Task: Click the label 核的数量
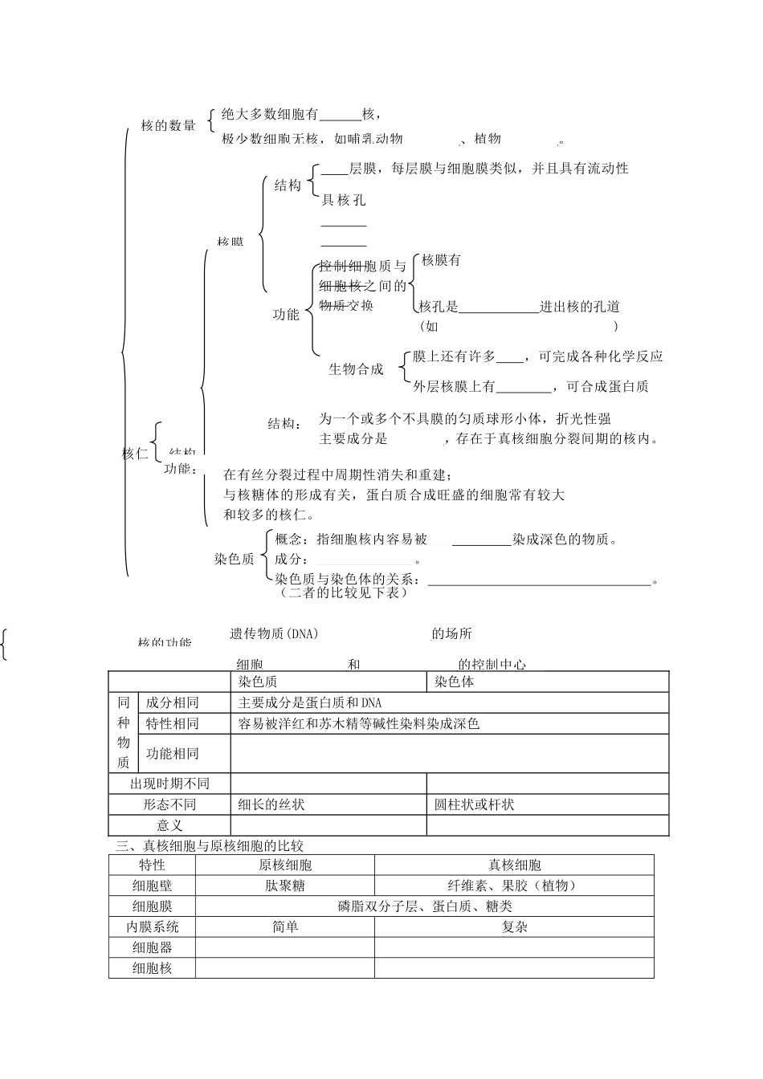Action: [168, 124]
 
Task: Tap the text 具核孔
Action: [344, 200]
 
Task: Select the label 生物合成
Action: [356, 369]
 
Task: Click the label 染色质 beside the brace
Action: [234, 559]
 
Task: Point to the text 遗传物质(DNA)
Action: [275, 633]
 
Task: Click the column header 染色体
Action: [455, 682]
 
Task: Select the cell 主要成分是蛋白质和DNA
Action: [310, 702]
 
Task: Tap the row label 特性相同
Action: [172, 723]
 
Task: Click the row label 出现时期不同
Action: [169, 784]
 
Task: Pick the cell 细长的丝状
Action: [271, 804]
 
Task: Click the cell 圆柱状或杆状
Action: [475, 804]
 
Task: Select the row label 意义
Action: [169, 825]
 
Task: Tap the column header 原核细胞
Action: [285, 865]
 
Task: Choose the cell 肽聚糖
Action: [285, 886]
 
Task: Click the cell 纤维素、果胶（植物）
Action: [514, 886]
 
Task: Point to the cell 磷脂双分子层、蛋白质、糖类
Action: [425, 906]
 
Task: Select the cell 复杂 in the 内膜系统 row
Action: [514, 926]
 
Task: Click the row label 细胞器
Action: [153, 947]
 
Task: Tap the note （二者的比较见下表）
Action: [344, 593]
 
